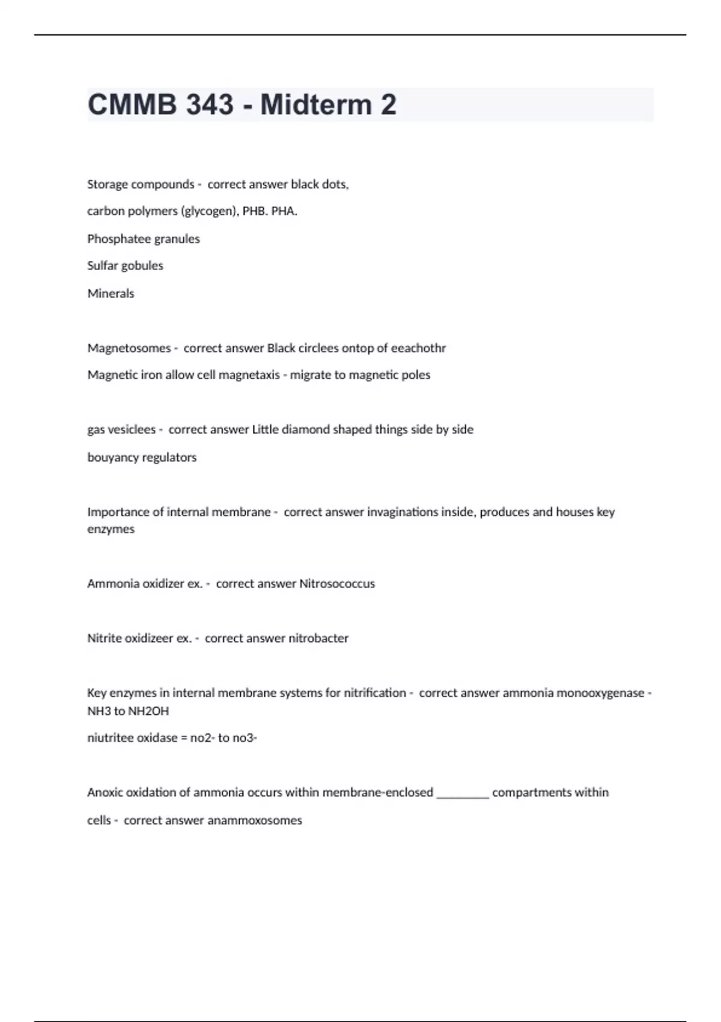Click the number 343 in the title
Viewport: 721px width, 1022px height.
click(210, 105)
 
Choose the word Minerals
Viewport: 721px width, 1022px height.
click(111, 293)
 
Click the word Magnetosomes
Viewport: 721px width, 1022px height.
click(129, 348)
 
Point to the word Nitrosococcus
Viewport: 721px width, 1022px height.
click(337, 584)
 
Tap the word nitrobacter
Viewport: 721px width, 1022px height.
click(318, 638)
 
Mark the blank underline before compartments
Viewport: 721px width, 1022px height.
click(463, 794)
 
